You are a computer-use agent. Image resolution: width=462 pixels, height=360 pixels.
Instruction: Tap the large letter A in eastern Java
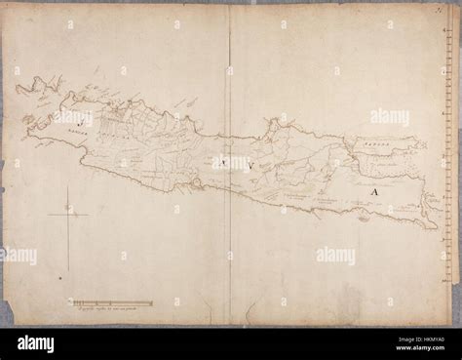tap(373, 192)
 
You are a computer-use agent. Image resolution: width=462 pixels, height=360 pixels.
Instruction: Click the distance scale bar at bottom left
tap(111, 303)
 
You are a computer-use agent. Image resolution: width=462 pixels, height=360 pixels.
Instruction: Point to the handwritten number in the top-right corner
tap(450, 9)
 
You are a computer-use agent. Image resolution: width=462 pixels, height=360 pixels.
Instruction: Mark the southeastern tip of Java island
tap(435, 227)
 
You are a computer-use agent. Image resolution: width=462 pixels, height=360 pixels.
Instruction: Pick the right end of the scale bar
tap(152, 303)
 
